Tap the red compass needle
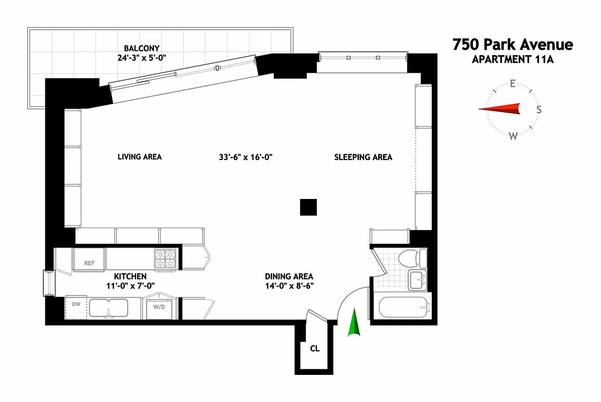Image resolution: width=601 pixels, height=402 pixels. coord(500,109)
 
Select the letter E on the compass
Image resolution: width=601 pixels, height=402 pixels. coord(513,83)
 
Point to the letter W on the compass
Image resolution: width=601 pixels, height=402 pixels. coord(513,136)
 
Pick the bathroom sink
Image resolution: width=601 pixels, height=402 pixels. coord(417,280)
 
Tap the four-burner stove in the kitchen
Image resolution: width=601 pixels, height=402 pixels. coord(166,259)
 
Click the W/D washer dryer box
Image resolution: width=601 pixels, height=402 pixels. coord(159,308)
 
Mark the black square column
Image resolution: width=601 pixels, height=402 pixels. coord(308,207)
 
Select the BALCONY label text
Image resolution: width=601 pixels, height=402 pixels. coord(142,48)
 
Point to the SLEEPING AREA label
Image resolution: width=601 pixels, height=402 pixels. coord(363,157)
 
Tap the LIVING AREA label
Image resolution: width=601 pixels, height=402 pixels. coord(140,157)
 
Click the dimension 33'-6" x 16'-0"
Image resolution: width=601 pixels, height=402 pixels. coord(246,157)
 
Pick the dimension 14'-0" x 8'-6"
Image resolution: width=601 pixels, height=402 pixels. coord(289,286)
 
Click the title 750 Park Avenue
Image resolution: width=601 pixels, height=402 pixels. coord(512,45)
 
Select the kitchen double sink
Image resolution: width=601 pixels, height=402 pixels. coord(108,307)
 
